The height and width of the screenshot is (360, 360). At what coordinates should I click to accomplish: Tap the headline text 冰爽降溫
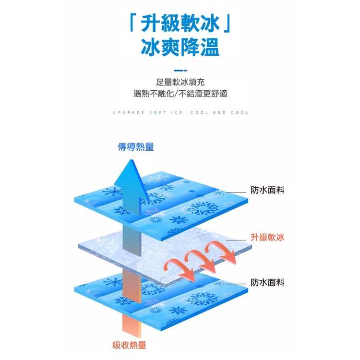coord(180,48)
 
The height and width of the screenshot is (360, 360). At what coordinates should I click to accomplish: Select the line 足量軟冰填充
coord(180,82)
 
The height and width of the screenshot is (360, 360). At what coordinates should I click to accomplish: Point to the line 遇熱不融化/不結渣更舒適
coord(180,94)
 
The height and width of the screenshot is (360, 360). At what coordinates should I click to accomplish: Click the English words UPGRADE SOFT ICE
coord(148,113)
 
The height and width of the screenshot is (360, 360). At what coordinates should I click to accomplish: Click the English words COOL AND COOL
coord(219,113)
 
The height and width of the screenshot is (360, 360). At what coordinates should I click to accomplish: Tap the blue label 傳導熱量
coord(136,147)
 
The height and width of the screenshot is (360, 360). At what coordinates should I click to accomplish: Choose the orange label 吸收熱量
coord(129,345)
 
